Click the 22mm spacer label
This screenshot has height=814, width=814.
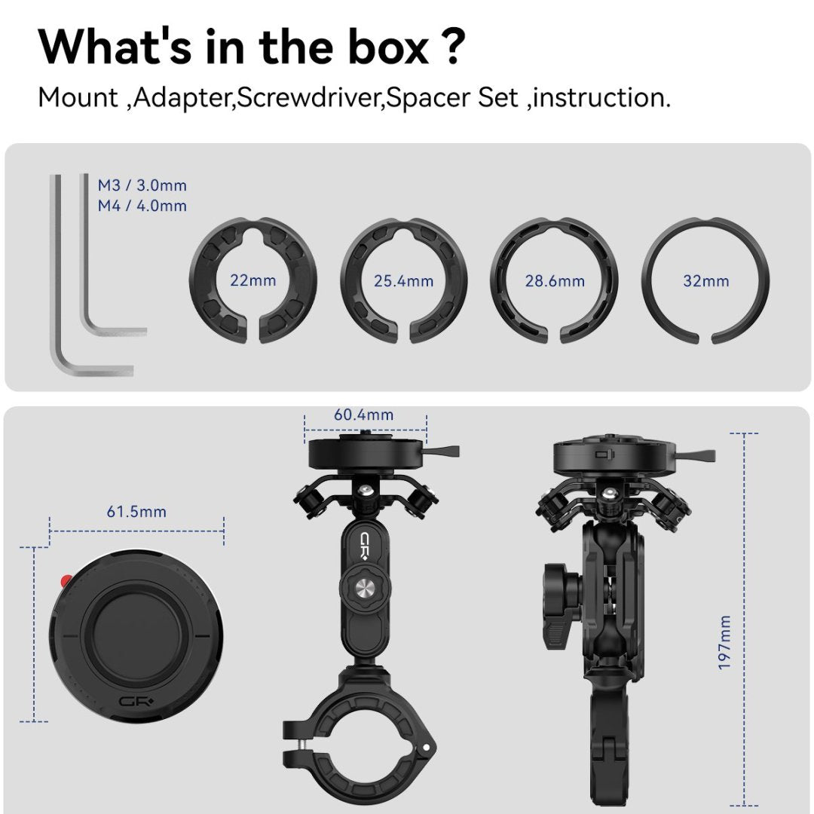click(252, 280)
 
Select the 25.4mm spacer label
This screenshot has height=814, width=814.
click(403, 281)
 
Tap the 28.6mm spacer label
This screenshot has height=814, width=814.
click(555, 281)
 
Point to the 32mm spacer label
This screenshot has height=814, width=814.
click(706, 281)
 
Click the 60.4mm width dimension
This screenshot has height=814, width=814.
click(363, 415)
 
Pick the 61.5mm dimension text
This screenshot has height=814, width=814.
click(136, 511)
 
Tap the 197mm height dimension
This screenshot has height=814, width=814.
click(724, 643)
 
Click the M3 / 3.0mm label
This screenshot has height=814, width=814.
click(142, 185)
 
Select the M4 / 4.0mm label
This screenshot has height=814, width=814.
click(142, 206)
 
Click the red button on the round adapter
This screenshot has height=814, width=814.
click(66, 581)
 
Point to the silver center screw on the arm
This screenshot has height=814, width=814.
click(365, 588)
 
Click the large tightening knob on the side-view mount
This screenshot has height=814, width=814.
click(563, 607)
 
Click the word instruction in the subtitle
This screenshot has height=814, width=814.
click(598, 97)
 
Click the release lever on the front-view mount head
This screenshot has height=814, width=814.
click(442, 451)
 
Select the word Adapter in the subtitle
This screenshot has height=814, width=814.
click(182, 97)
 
